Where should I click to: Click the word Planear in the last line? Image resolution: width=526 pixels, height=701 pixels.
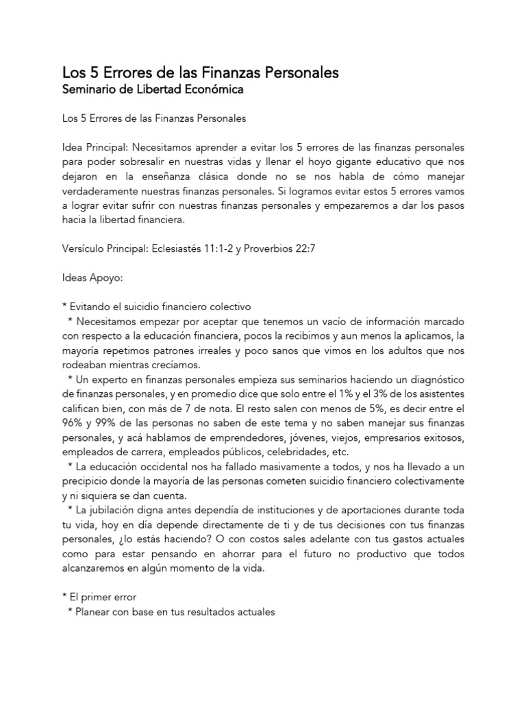[x=88, y=612]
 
